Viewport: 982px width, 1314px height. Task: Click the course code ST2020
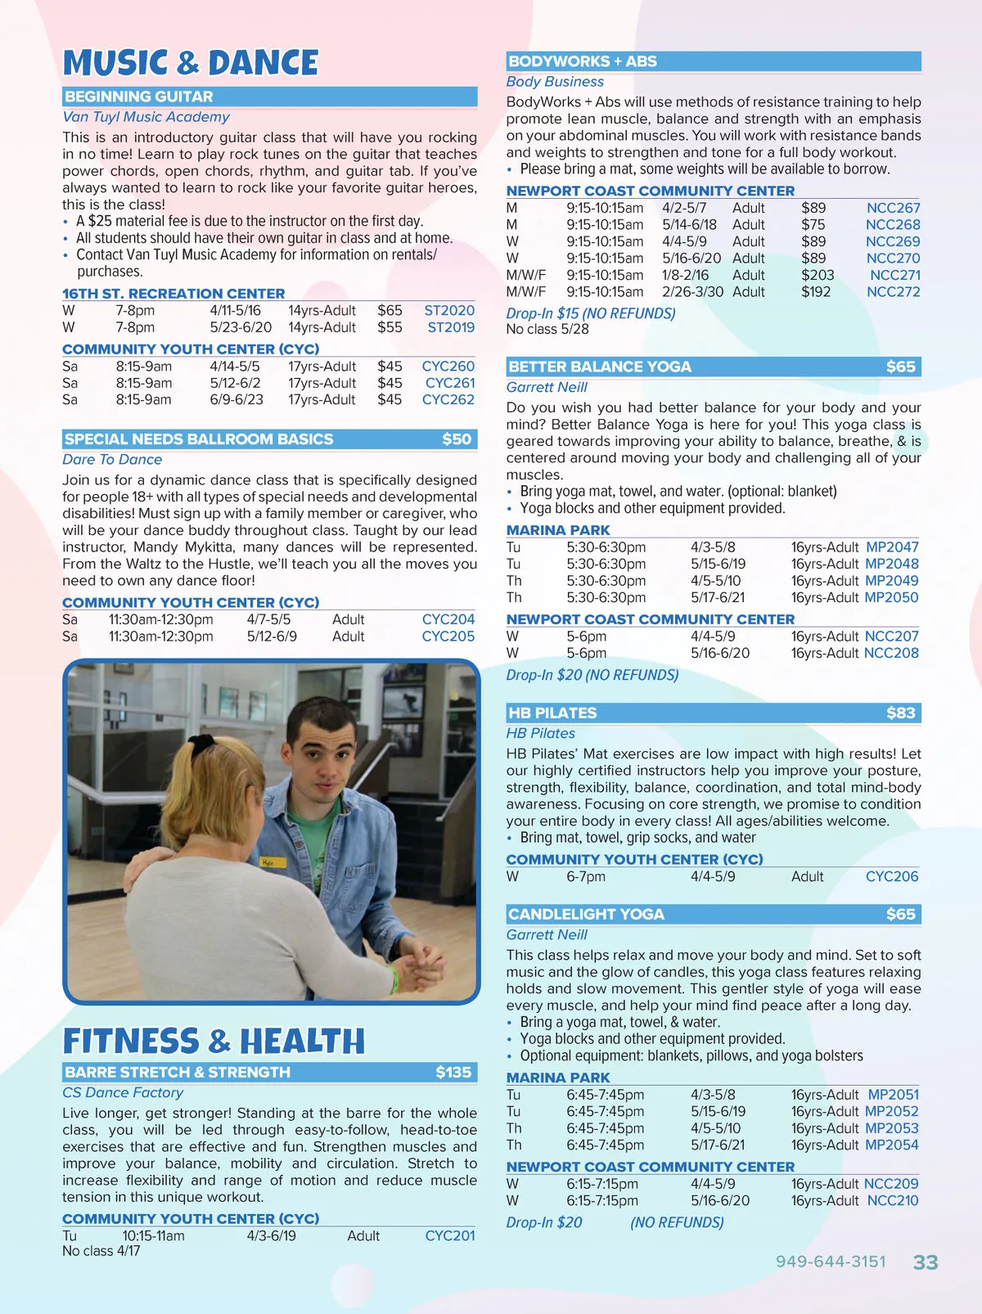pos(448,310)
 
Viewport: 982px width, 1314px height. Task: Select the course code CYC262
pos(448,399)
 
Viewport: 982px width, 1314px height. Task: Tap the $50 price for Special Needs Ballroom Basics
pos(457,439)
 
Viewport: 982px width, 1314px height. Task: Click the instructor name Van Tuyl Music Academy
pos(146,117)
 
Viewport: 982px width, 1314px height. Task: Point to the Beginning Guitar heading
pos(139,97)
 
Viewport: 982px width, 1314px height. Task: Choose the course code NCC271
pos(894,275)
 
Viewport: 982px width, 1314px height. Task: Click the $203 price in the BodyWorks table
pos(818,275)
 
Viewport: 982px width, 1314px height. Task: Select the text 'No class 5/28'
pos(547,329)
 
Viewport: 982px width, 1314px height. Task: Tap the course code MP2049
pos(891,580)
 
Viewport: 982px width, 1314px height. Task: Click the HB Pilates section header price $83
pos(900,713)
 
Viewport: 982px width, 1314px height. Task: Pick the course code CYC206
pos(892,876)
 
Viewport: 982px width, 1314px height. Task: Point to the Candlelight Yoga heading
pos(586,914)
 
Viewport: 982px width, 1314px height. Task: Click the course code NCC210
pos(892,1200)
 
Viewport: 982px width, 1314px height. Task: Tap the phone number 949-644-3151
pos(831,1261)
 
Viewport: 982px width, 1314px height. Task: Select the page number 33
pos(926,1262)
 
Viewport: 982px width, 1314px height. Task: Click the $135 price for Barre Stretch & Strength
pos(453,1072)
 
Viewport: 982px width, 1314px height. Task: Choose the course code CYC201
pos(449,1235)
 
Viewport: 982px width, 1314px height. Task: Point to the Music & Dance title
pos(191,63)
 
